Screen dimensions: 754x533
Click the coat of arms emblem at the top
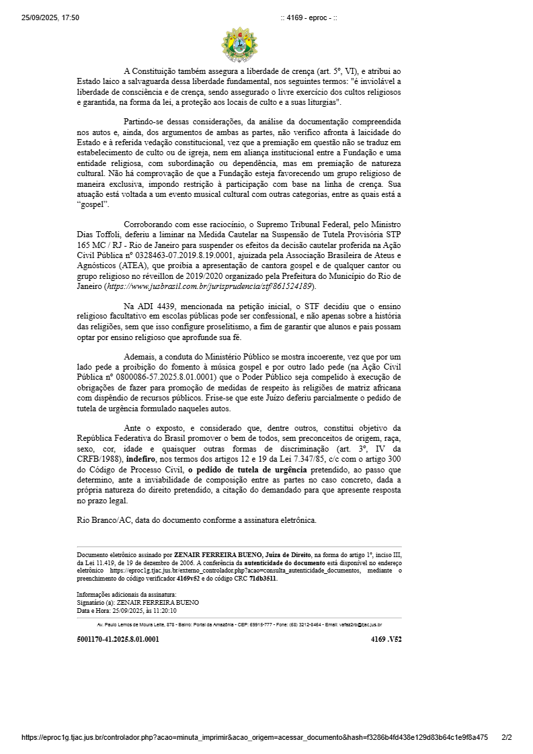[x=239, y=45]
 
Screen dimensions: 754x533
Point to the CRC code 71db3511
[x=263, y=579]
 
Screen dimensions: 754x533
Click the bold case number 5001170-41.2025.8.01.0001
[x=118, y=639]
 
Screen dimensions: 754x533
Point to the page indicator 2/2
[x=507, y=737]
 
